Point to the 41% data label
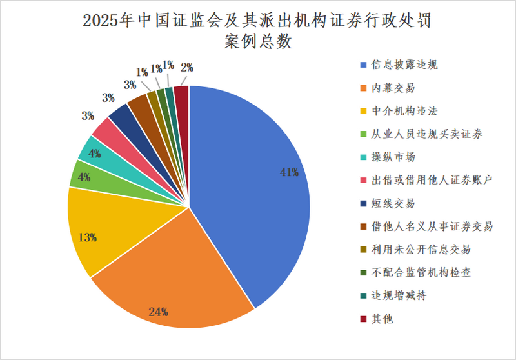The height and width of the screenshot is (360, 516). click(289, 172)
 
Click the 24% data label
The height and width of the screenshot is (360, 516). click(159, 312)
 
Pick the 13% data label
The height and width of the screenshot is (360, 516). click(87, 237)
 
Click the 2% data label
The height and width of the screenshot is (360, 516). click(187, 66)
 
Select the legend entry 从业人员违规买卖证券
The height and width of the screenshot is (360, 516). click(426, 134)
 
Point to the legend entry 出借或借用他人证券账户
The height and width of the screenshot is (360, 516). click(432, 181)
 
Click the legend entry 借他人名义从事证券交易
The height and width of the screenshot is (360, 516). click(432, 226)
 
